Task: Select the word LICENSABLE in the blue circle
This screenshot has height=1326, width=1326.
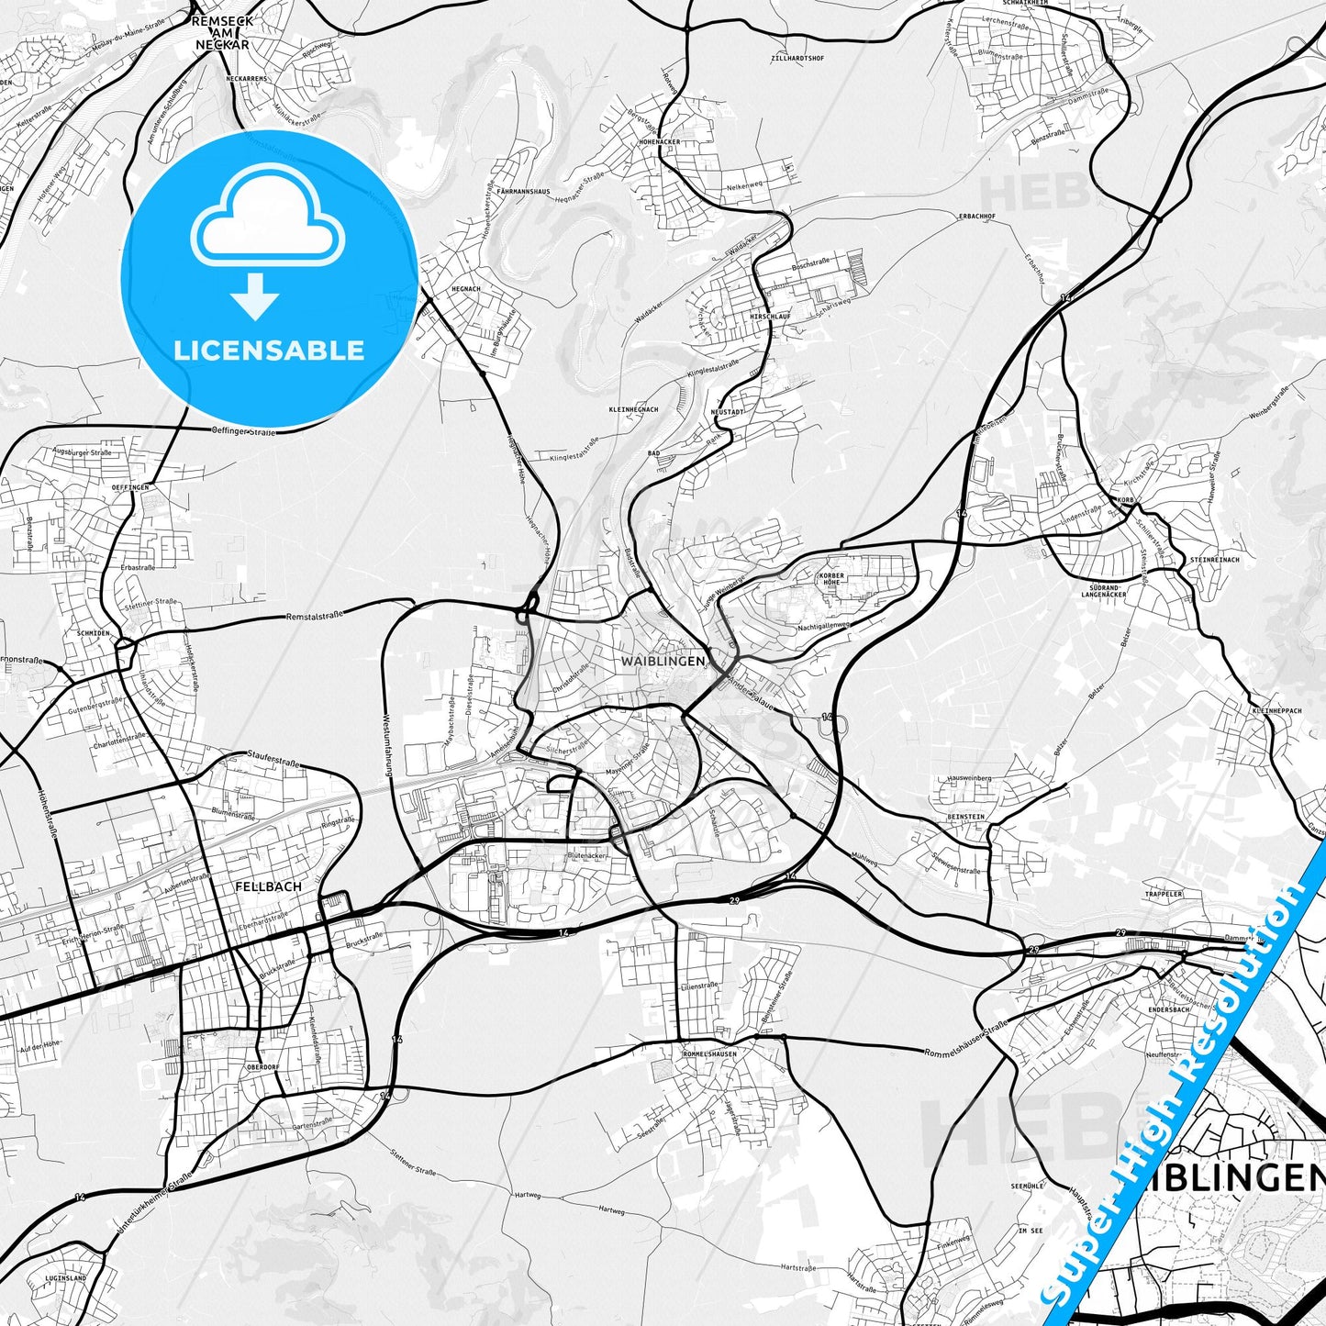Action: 269,351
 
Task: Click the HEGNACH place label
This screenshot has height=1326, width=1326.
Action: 466,289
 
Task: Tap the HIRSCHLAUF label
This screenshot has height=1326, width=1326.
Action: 770,316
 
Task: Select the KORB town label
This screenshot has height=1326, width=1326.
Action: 1127,501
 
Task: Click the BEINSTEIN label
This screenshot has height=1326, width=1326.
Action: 966,817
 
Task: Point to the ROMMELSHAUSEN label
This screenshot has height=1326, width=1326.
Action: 710,1053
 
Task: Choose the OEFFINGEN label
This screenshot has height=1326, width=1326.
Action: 129,487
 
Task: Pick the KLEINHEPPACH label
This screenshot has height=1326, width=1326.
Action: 1276,711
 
